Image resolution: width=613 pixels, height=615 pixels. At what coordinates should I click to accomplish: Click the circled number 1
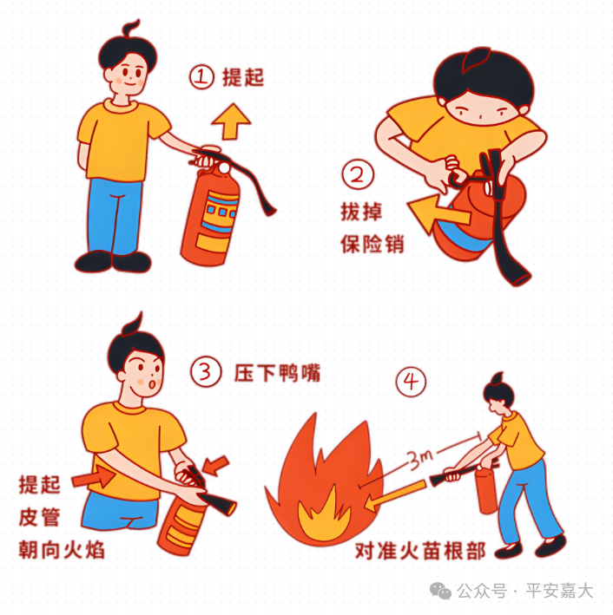(x=201, y=77)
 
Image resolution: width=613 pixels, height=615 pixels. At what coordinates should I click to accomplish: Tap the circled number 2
(x=358, y=175)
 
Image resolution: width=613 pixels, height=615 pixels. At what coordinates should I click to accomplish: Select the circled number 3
(x=206, y=371)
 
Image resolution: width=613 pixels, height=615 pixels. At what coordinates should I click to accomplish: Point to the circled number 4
(x=412, y=382)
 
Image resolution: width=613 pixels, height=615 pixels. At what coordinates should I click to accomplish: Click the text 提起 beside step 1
(x=243, y=77)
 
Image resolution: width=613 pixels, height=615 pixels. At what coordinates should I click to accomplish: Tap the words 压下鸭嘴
(x=277, y=373)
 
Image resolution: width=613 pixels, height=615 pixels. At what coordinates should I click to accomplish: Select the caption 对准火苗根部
(x=419, y=551)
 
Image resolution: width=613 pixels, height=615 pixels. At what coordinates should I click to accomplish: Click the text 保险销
(x=372, y=245)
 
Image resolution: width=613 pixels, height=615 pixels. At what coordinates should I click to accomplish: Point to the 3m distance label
(x=420, y=459)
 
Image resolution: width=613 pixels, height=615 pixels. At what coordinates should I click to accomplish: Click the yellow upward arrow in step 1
(x=231, y=121)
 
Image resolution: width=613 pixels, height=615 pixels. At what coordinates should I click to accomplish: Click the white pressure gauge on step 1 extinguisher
(x=224, y=168)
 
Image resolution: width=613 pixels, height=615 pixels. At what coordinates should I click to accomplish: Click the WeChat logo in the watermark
(x=440, y=591)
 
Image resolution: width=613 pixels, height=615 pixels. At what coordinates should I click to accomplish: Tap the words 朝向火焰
(x=62, y=549)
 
